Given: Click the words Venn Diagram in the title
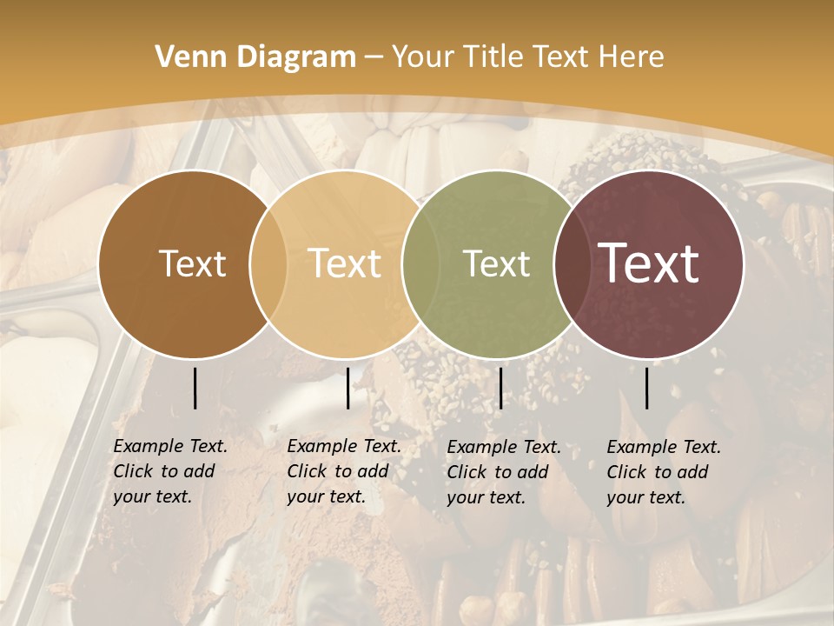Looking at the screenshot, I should point(255,57).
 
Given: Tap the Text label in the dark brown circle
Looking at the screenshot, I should point(192,263).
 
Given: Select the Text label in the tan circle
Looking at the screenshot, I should point(345,263).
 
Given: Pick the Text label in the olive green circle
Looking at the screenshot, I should point(496,263).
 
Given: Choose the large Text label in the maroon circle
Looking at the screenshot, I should point(649,263).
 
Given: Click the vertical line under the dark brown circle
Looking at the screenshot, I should point(195,388).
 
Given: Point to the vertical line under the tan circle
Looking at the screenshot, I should point(347,388).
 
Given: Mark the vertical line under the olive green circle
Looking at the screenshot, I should point(500,388).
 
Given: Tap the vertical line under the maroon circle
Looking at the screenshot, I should point(647,388).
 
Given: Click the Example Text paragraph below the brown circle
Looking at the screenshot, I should point(169,471).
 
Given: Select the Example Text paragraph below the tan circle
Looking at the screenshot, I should point(343,471).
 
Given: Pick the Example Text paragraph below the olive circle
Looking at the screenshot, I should point(503,472).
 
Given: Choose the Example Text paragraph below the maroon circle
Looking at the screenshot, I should point(663,472).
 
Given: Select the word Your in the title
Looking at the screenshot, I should point(420,57).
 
